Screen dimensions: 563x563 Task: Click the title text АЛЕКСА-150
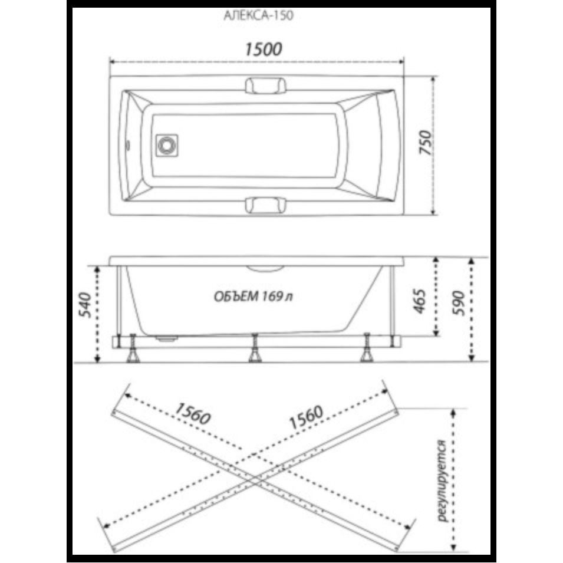(258, 15)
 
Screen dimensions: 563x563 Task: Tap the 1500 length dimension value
(263, 49)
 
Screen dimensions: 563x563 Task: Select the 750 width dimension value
(426, 142)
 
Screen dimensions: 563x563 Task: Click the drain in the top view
(167, 146)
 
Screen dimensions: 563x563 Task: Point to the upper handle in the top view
(266, 86)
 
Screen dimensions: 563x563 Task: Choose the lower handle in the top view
(266, 205)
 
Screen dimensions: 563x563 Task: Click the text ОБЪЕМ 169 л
(253, 297)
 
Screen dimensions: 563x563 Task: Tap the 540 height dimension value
(85, 305)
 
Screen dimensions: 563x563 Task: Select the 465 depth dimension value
(419, 301)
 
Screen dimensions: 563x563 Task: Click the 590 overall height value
(458, 304)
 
